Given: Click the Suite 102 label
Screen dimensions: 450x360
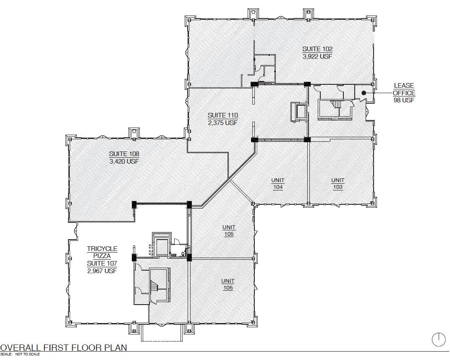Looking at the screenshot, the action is [x=317, y=49].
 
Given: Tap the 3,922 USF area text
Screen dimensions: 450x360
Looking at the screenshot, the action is [x=317, y=57].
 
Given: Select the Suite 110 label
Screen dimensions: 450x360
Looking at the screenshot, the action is [x=223, y=115].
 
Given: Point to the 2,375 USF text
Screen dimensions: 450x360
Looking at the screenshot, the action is [x=223, y=123].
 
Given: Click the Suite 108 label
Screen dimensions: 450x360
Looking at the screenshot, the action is [x=124, y=154].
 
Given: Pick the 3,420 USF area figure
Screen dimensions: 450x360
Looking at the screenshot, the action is [x=124, y=162].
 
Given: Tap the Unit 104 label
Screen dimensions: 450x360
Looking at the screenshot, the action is [x=278, y=184].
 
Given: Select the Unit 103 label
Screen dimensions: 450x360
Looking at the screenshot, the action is [x=338, y=184].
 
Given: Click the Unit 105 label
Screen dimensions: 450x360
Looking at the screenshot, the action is [x=229, y=231].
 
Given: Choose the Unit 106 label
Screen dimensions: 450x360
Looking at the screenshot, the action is [x=228, y=284].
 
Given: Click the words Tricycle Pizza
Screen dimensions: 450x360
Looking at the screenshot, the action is [x=102, y=252].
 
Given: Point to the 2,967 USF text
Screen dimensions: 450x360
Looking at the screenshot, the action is [x=102, y=271].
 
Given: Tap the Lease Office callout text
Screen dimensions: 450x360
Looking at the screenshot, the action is [x=404, y=89].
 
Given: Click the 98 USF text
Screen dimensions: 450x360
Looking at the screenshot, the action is [x=404, y=100].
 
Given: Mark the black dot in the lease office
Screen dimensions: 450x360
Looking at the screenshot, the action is [x=364, y=93].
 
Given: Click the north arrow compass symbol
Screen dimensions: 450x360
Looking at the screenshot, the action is [x=439, y=339].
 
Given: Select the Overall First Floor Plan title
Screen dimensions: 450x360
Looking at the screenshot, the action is [x=63, y=348].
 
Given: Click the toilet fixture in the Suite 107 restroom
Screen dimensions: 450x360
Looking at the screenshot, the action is [x=183, y=254].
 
